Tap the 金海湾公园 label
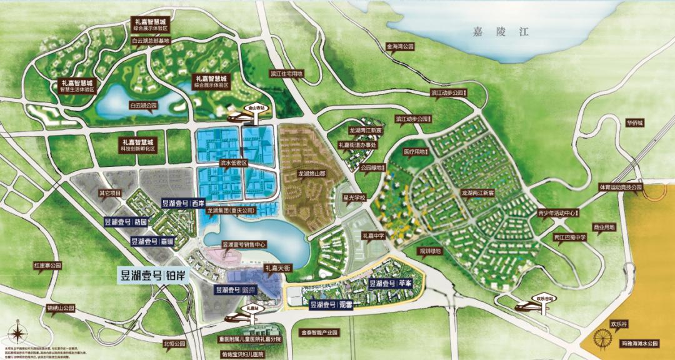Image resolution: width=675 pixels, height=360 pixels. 401,47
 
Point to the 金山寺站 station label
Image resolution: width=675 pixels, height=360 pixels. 256,107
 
